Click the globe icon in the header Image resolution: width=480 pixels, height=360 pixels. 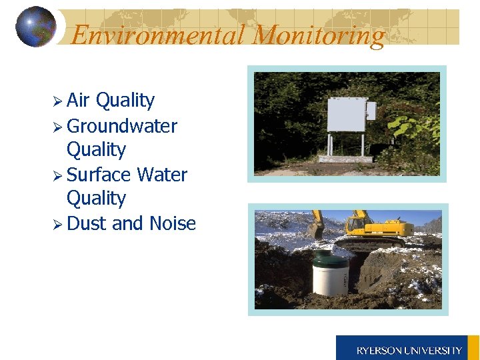point(35,27)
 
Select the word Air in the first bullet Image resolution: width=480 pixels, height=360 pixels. point(78,101)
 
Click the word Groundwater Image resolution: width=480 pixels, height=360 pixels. point(122,126)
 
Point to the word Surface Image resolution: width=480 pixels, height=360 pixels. point(99,175)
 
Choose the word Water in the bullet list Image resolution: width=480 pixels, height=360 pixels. point(162,175)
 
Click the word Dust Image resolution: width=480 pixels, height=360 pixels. point(87,223)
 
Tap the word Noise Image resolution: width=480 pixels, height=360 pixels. point(173,223)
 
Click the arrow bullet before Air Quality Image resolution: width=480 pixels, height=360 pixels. point(58,101)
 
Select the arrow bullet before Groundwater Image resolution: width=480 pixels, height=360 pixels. point(58,127)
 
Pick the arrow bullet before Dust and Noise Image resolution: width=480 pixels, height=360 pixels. point(58,224)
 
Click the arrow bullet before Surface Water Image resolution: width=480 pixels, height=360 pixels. point(58,175)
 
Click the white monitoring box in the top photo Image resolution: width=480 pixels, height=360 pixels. point(347,115)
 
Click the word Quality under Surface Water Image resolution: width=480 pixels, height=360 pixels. point(96,199)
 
